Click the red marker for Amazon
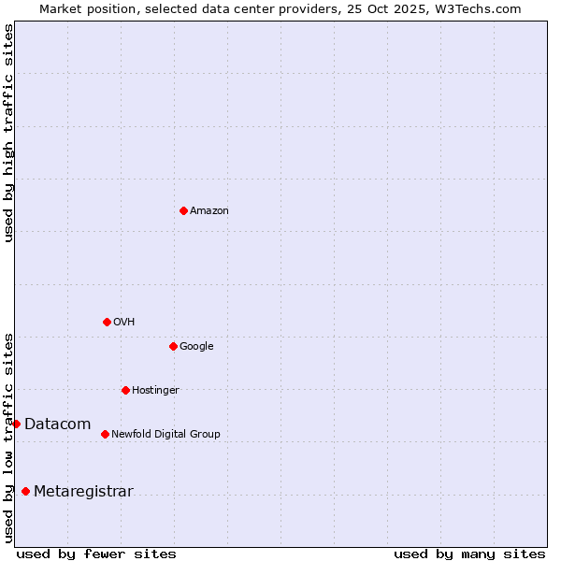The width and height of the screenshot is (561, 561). pyautogui.click(x=183, y=210)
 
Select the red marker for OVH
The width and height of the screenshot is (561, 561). pyautogui.click(x=107, y=322)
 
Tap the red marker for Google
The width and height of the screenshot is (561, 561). pyautogui.click(x=173, y=346)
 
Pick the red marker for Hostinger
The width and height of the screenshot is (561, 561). pyautogui.click(x=125, y=390)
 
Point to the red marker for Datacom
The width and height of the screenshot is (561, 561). pyautogui.click(x=16, y=424)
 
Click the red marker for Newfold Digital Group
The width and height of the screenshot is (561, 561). pyautogui.click(x=105, y=434)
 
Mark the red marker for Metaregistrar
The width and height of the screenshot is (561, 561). pyautogui.click(x=25, y=492)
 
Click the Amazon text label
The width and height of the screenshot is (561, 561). pyautogui.click(x=209, y=211)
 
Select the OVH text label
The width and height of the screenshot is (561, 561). pyautogui.click(x=124, y=323)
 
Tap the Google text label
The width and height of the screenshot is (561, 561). pyautogui.click(x=196, y=347)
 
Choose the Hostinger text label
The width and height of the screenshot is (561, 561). pyautogui.click(x=155, y=391)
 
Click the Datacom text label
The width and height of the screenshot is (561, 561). pyautogui.click(x=57, y=424)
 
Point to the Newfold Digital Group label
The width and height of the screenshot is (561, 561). pyautogui.click(x=165, y=435)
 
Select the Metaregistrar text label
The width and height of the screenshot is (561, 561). pyautogui.click(x=83, y=492)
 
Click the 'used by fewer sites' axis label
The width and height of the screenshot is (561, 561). pyautogui.click(x=96, y=554)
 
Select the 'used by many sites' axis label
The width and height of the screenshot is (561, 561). pyautogui.click(x=469, y=554)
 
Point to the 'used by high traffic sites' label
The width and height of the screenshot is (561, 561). pyautogui.click(x=9, y=133)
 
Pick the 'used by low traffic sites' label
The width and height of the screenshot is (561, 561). pyautogui.click(x=9, y=437)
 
